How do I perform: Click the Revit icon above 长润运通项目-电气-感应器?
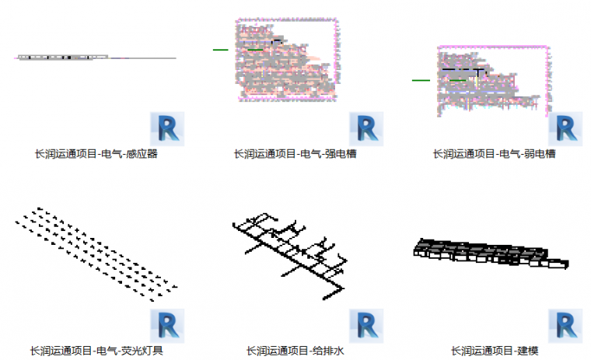(x=168, y=128)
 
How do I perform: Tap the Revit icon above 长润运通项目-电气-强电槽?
(x=366, y=128)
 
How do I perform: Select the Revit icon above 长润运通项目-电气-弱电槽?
(x=565, y=128)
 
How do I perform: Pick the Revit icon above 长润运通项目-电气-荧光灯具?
(x=168, y=326)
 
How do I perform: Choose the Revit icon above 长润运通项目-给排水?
(x=366, y=326)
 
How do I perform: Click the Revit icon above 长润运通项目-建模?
(x=565, y=326)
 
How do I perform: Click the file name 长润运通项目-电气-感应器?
(x=96, y=154)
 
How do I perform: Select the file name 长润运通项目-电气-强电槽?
(x=295, y=154)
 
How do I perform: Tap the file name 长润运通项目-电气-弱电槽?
(x=495, y=154)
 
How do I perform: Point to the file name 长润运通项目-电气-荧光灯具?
(x=96, y=351)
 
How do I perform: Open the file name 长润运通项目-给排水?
(x=295, y=351)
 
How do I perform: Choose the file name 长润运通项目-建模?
(x=495, y=351)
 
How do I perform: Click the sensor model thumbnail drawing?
(x=95, y=58)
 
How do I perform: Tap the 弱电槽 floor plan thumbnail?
(x=488, y=79)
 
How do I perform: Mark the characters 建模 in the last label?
(x=527, y=351)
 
